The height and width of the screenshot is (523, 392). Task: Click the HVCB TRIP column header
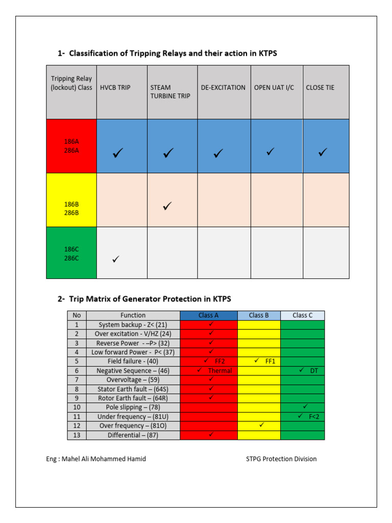point(115,87)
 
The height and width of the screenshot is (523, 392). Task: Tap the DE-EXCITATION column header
point(223,87)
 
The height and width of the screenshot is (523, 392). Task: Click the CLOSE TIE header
point(320,87)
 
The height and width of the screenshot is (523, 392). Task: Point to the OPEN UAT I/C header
point(274,87)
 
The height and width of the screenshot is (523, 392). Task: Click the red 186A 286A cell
point(71,147)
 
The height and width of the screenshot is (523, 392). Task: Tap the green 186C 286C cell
point(71,253)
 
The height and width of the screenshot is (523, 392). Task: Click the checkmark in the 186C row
point(116,259)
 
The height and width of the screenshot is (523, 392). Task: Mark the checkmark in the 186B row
point(167,206)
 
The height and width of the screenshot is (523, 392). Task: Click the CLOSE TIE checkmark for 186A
point(322,152)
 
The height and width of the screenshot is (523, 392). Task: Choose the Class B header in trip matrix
point(259,315)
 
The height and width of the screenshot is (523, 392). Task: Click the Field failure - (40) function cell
point(133,361)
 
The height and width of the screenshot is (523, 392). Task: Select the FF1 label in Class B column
point(271,361)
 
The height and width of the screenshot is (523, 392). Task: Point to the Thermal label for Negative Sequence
point(219,371)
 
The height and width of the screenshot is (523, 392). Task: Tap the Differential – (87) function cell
point(133,435)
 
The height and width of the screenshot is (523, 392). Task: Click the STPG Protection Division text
point(281,459)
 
